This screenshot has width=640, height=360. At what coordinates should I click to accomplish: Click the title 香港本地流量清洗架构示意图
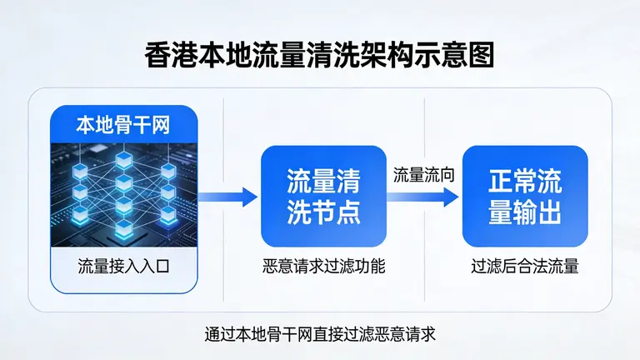(320, 56)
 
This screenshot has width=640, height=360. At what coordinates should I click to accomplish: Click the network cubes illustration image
(123, 192)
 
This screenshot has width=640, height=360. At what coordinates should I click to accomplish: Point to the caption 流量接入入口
(123, 267)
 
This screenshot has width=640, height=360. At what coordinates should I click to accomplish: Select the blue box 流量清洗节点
(323, 197)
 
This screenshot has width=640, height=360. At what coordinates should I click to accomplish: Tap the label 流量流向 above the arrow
(424, 176)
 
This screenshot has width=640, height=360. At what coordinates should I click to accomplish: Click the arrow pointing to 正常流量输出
(425, 197)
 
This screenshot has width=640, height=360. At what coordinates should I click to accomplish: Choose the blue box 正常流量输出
(524, 197)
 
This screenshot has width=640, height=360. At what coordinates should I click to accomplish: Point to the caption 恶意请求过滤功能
(323, 267)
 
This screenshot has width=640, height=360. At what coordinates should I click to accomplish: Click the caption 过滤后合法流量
(524, 267)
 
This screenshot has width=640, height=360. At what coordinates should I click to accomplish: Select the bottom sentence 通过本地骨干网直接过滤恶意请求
(320, 334)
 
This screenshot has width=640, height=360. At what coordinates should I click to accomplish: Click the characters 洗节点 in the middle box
(323, 212)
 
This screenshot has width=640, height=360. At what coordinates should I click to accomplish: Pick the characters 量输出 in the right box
(524, 212)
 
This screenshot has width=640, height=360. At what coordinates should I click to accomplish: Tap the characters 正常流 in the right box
(524, 182)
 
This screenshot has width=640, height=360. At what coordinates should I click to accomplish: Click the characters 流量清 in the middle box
(323, 182)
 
